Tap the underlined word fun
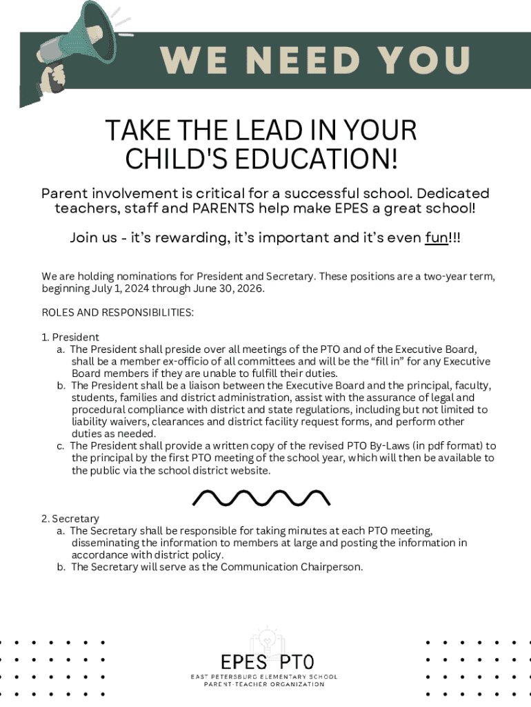(x=436, y=238)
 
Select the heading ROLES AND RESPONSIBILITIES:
(x=117, y=313)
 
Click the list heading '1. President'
(x=70, y=338)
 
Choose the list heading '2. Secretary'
(x=70, y=519)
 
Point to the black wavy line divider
(x=261, y=496)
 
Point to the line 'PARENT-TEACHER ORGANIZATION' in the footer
(x=265, y=685)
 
